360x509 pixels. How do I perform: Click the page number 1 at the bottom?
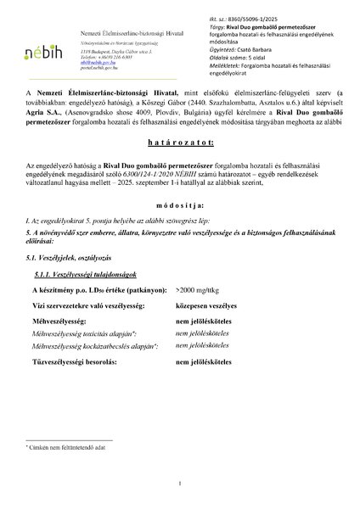[179, 484]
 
